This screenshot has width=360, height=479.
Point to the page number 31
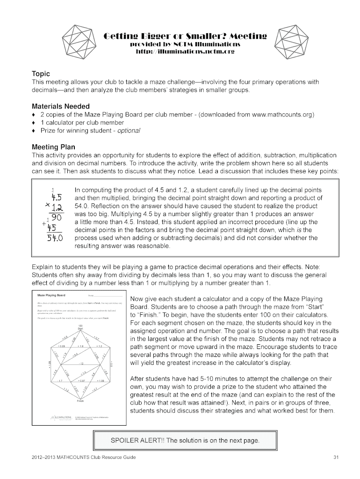pyautogui.click(x=335, y=457)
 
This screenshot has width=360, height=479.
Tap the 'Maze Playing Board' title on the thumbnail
pyautogui.click(x=51, y=296)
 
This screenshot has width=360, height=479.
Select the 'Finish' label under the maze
pyautogui.click(x=80, y=401)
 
